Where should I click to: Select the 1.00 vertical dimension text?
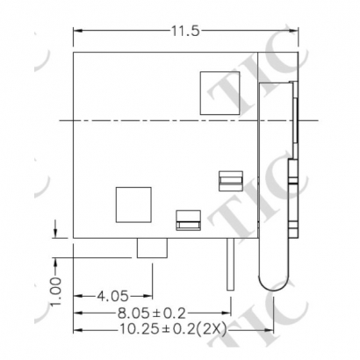[x=54, y=288]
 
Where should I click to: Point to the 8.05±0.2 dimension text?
[x=149, y=312]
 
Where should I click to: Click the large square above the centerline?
[x=219, y=89]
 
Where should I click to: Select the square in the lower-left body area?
[x=133, y=205]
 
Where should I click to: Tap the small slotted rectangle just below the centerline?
[x=229, y=180]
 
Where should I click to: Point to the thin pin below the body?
[x=230, y=263]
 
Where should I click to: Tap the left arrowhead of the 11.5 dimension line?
[x=76, y=32]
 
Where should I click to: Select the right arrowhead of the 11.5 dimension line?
[x=296, y=32]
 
